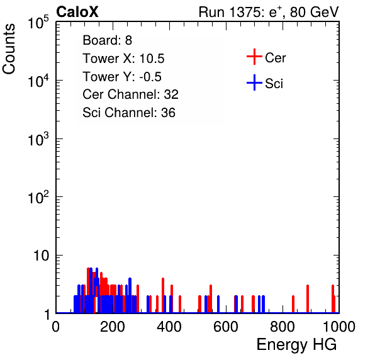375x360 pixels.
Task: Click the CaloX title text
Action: [x=77, y=12]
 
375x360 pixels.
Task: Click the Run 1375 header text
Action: [x=269, y=12]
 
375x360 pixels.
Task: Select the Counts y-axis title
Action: [x=9, y=49]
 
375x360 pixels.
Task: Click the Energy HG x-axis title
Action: [x=296, y=345]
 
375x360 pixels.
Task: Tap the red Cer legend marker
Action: [x=254, y=57]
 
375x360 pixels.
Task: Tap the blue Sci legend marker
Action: [x=254, y=82]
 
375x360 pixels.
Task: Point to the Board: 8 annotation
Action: [x=107, y=40]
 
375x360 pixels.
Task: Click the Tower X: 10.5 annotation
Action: [x=123, y=59]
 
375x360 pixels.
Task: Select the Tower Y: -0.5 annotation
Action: [x=122, y=77]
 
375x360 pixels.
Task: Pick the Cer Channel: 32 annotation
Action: [x=130, y=94]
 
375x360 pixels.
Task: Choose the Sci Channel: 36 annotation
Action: [x=129, y=113]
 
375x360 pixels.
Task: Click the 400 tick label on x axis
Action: [x=169, y=327]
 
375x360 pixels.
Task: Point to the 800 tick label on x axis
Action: [x=283, y=327]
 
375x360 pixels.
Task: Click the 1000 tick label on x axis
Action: [x=339, y=327]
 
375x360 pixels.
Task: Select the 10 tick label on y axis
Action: [x=41, y=256]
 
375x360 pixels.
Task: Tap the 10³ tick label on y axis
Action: [x=38, y=138]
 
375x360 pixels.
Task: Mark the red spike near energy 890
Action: [x=308, y=299]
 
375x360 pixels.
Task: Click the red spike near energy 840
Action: [x=293, y=304]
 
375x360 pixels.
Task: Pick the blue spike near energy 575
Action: [x=218, y=304]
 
